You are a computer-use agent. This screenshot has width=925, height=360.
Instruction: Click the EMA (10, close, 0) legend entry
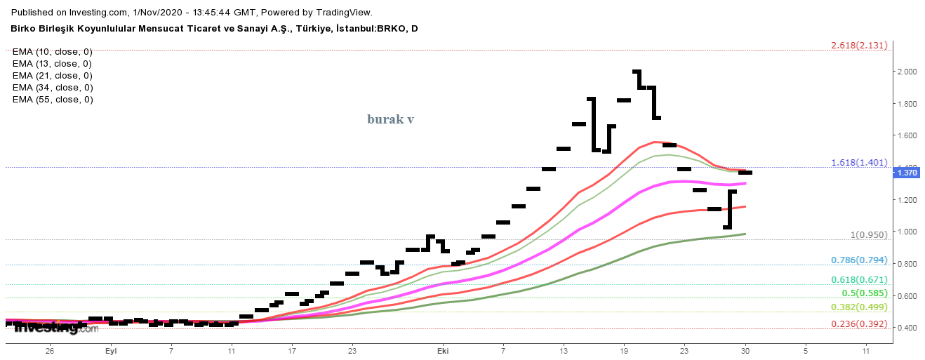53,52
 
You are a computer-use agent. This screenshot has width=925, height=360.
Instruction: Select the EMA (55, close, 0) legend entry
53,100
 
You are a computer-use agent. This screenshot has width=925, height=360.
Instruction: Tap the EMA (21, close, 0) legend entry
53,76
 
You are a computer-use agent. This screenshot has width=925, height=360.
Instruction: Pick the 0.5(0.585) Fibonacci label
864,293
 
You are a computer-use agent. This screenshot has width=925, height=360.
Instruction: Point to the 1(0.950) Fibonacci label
868,235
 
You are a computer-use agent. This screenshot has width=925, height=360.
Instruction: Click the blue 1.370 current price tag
905,172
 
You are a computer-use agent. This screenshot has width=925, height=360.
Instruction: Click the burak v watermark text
390,119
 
